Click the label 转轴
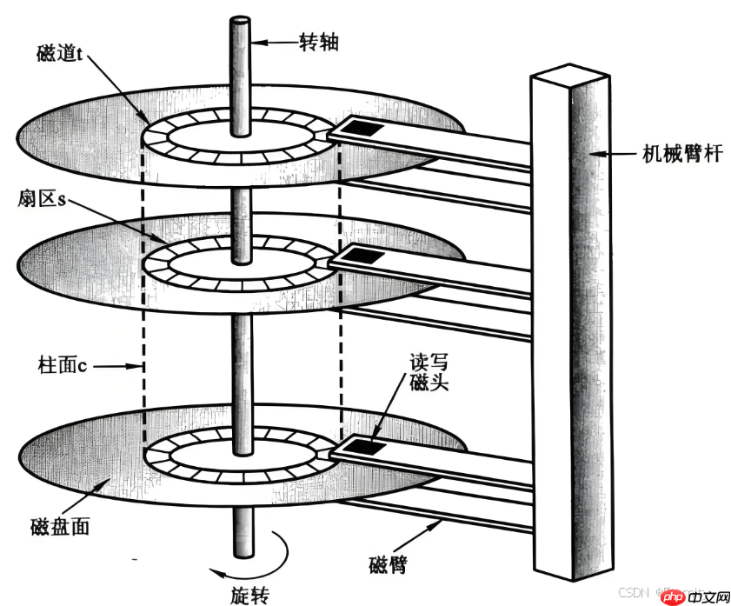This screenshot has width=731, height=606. pos(318,41)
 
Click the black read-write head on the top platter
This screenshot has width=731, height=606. pos(359,129)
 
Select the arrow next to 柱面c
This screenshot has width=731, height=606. pos(118,367)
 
